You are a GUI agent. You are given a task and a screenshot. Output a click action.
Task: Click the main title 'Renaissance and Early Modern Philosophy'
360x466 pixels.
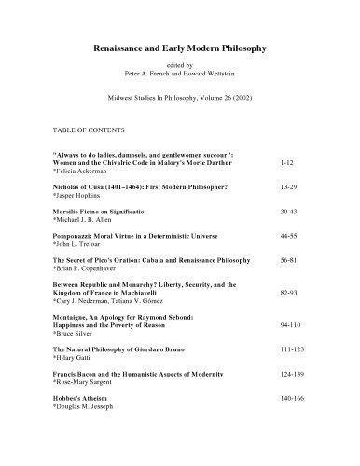182,46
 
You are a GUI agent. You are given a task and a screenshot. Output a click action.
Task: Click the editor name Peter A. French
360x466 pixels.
158,72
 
